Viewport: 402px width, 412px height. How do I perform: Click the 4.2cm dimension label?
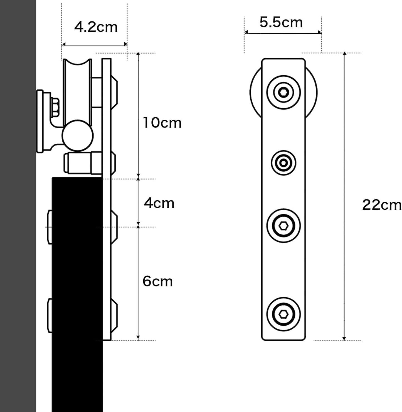click(x=96, y=27)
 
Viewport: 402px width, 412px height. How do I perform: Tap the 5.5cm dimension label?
click(x=281, y=22)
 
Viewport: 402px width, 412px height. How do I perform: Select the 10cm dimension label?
click(x=162, y=123)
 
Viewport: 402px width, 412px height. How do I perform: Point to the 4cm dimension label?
click(x=159, y=203)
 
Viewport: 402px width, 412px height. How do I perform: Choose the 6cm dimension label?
click(x=157, y=281)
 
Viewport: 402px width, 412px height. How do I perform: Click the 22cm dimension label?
click(x=382, y=205)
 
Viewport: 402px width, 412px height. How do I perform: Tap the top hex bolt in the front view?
click(x=283, y=92)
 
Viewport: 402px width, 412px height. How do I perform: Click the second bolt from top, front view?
click(x=283, y=163)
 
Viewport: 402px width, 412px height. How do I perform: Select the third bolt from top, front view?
click(x=283, y=226)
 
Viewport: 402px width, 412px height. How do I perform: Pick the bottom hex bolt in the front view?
click(x=283, y=314)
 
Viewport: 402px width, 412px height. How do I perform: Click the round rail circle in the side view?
click(x=78, y=136)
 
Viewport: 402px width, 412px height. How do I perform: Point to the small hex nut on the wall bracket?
click(x=55, y=107)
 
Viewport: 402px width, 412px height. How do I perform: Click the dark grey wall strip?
click(x=18, y=206)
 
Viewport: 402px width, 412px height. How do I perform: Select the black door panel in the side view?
click(x=77, y=278)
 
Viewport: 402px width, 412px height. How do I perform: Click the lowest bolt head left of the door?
click(x=50, y=315)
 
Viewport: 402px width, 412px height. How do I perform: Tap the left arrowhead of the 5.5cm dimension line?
click(x=246, y=33)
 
